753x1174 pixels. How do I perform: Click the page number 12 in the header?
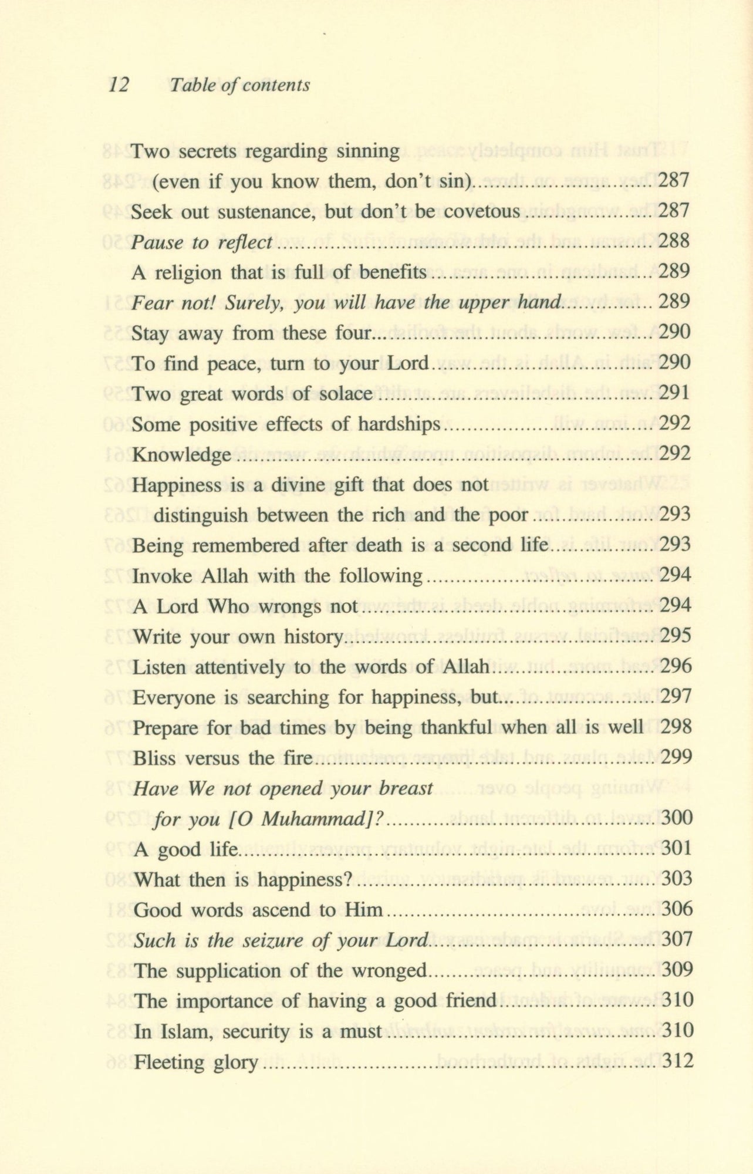pos(119,85)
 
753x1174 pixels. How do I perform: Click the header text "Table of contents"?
pos(239,86)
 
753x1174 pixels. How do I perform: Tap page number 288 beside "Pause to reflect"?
pos(674,241)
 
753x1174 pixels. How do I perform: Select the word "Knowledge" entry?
pos(181,455)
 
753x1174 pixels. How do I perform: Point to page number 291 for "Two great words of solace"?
pos(674,393)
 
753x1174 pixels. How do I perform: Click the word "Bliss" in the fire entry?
pos(154,758)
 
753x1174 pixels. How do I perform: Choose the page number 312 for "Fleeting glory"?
pos(677,1061)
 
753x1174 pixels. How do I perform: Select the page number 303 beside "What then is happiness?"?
pos(677,879)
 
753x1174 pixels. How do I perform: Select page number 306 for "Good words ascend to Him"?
pos(677,909)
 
